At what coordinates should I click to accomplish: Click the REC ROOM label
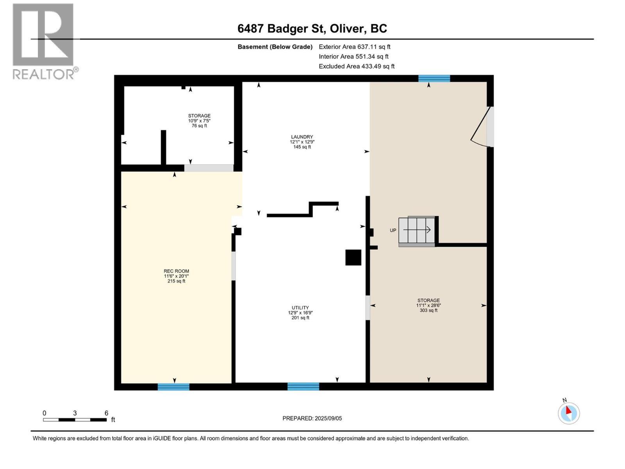(176, 276)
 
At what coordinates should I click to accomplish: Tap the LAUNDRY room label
(302, 142)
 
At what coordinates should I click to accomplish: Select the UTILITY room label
(300, 313)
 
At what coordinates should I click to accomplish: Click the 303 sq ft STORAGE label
(428, 305)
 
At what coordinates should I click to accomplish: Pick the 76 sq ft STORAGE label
(199, 120)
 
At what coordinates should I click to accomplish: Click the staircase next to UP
(417, 231)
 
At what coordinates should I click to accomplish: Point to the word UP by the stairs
(393, 231)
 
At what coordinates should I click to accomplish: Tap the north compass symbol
(568, 413)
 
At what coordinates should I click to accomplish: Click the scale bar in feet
(75, 420)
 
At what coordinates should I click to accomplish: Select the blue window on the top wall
(434, 79)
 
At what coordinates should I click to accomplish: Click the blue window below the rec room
(173, 387)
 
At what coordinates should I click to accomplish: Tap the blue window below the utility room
(303, 387)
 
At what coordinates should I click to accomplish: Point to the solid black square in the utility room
(353, 258)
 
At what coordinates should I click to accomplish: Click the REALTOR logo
(43, 41)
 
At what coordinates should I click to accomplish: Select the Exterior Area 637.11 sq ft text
(354, 47)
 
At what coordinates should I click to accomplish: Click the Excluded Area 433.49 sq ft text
(356, 66)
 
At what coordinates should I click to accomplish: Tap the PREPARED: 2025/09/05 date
(312, 418)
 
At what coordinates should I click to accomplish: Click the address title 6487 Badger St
(312, 29)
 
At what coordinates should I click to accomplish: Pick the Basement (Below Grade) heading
(275, 47)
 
